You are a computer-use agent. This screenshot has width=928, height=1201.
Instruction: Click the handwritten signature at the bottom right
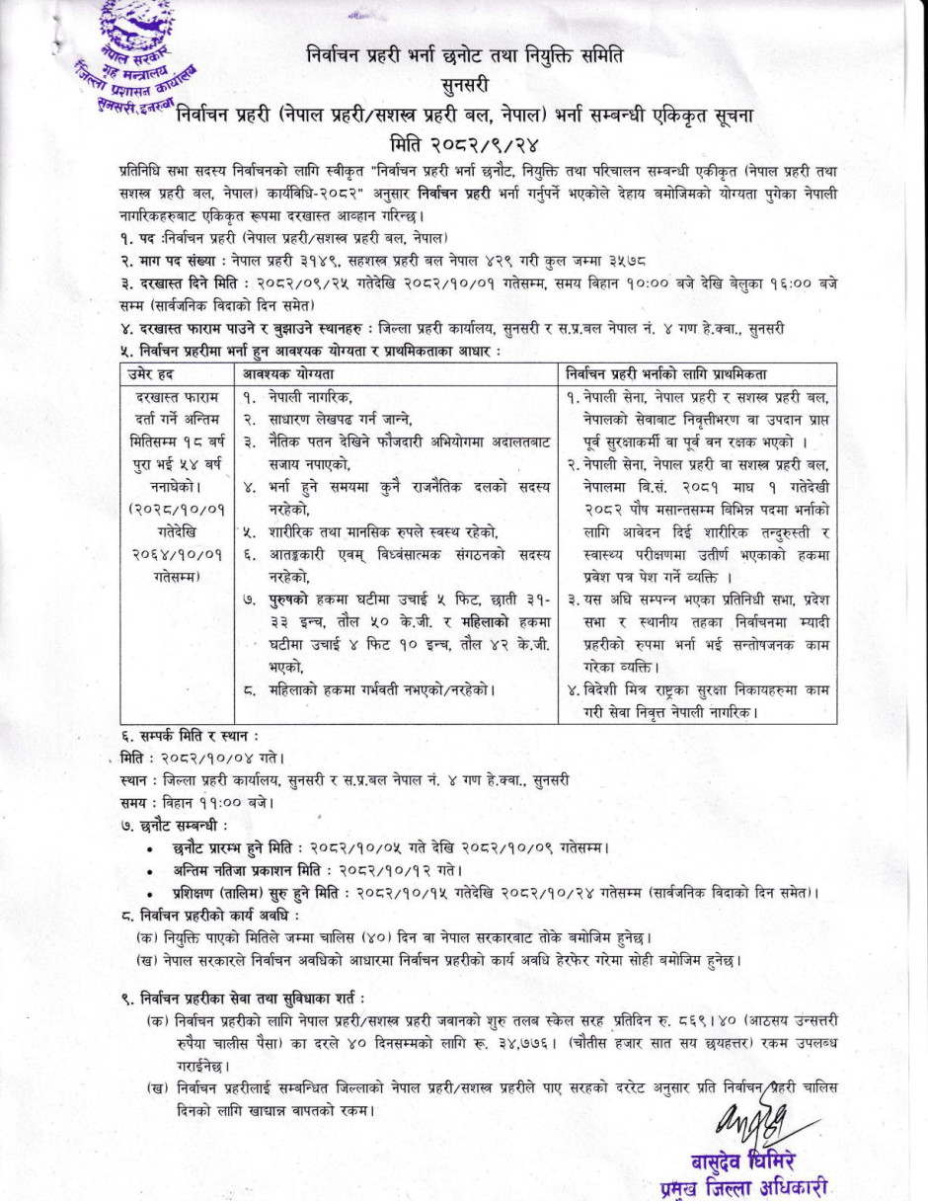pyautogui.click(x=755, y=1120)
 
